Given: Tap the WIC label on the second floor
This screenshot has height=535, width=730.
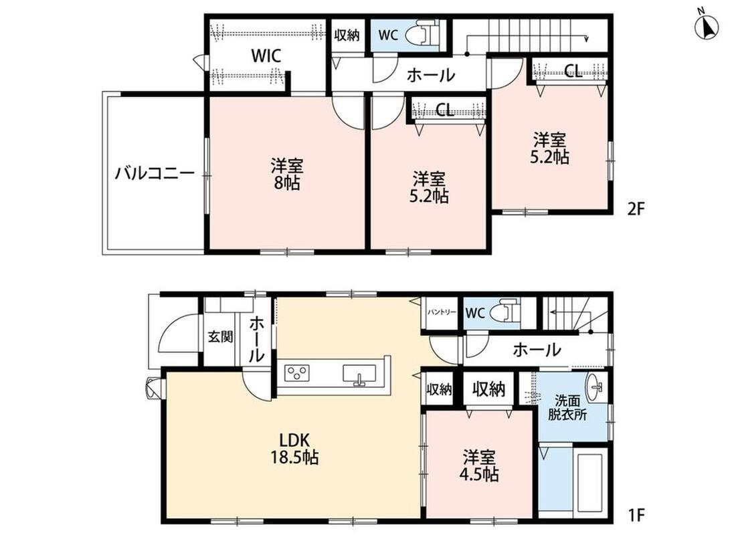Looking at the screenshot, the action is [x=266, y=56].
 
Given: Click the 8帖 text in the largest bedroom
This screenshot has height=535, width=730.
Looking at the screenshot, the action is [x=287, y=183].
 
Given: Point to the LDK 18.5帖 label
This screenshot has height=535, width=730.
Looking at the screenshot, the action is [x=294, y=449].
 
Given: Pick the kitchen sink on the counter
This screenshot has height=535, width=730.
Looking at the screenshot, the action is [x=359, y=374].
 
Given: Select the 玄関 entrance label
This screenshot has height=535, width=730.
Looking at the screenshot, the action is [x=220, y=336].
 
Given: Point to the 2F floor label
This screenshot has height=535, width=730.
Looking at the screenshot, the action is [x=636, y=209].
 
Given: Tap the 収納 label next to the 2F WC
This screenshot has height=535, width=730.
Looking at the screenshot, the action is [x=347, y=34].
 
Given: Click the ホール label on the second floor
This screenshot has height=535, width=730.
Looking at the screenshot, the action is [x=431, y=74].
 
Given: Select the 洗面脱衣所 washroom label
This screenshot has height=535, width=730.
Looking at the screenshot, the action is [x=567, y=408].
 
